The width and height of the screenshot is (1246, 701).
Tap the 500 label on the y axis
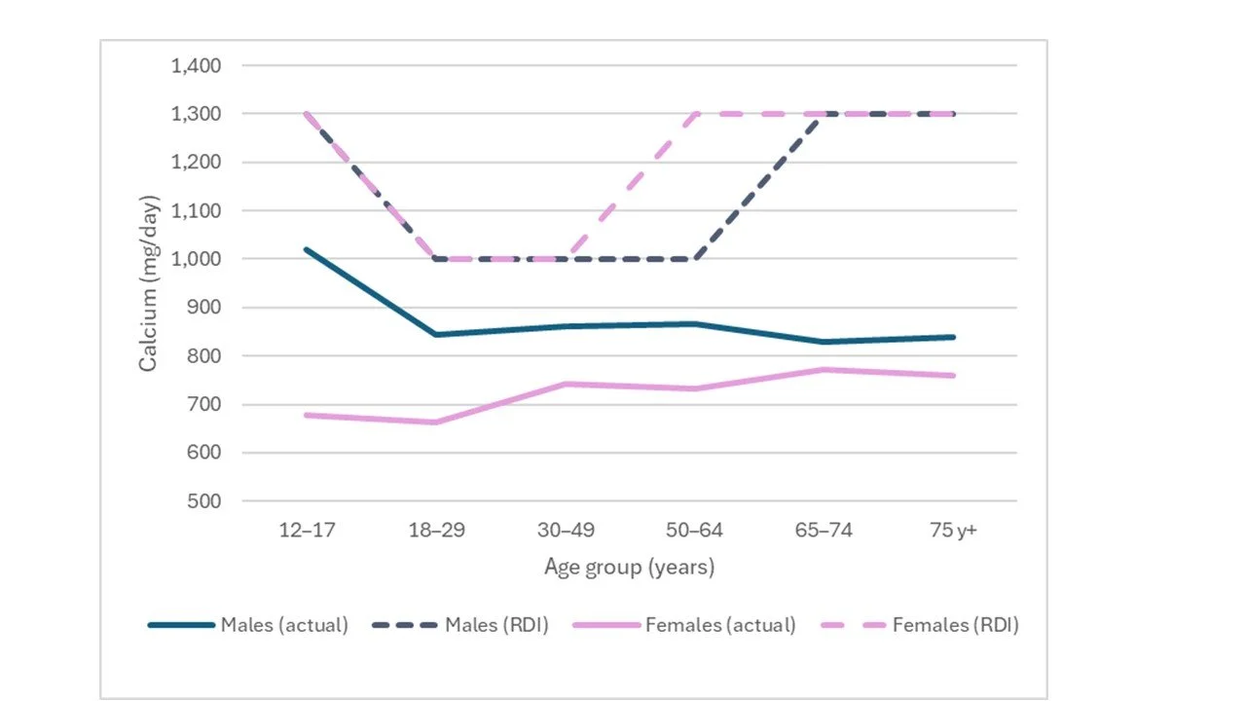tap(205, 501)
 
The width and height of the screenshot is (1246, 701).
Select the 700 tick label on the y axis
tap(205, 404)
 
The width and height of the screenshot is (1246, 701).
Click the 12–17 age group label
tap(307, 531)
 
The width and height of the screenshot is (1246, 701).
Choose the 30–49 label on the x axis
tap(565, 531)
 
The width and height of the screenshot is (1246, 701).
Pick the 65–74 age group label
tap(824, 531)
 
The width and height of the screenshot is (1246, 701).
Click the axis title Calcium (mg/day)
tap(149, 283)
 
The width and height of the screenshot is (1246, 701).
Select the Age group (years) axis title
tap(629, 567)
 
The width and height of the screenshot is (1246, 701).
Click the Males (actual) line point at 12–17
tap(307, 249)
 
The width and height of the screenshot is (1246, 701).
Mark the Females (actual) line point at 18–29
tap(436, 423)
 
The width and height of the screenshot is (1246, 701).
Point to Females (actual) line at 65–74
tap(824, 370)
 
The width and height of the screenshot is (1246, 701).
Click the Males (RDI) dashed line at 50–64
tap(694, 259)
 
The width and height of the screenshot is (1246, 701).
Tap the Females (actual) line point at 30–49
tap(565, 384)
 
